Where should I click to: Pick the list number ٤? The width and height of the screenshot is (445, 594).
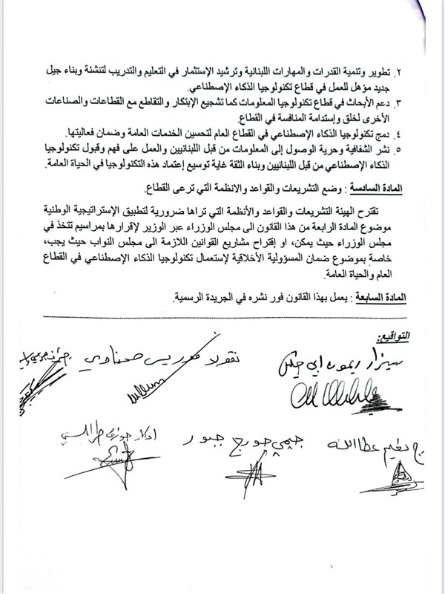pos(421,132)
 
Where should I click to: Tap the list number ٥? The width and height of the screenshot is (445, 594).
pos(421,146)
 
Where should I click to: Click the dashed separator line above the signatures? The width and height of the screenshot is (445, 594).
pos(222,318)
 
